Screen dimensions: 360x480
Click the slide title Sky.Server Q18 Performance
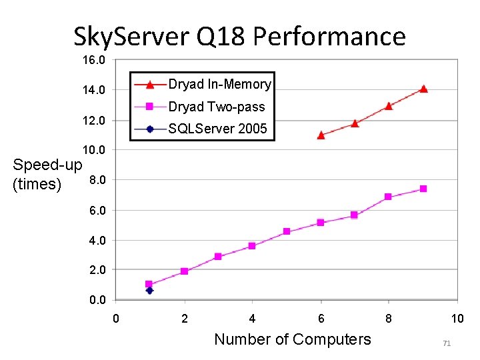pyautogui.click(x=239, y=36)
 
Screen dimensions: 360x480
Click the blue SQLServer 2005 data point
pyautogui.click(x=150, y=290)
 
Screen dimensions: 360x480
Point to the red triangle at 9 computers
pyautogui.click(x=423, y=89)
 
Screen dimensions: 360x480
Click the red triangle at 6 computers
pyautogui.click(x=321, y=135)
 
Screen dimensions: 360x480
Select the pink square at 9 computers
pyautogui.click(x=423, y=189)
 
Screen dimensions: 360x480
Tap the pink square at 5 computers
pyautogui.click(x=287, y=231)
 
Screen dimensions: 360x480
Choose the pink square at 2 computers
pyautogui.click(x=184, y=271)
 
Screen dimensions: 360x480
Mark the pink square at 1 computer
pyautogui.click(x=149, y=284)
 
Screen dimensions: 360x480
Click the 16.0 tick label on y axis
pyautogui.click(x=93, y=60)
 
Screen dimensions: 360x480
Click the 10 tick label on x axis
pyautogui.click(x=457, y=319)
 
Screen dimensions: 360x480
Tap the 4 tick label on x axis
pyautogui.click(x=252, y=319)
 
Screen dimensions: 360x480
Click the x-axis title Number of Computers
pyautogui.click(x=292, y=339)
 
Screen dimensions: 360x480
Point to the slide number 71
pyautogui.click(x=447, y=343)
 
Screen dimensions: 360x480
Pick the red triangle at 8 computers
pyautogui.click(x=389, y=105)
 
